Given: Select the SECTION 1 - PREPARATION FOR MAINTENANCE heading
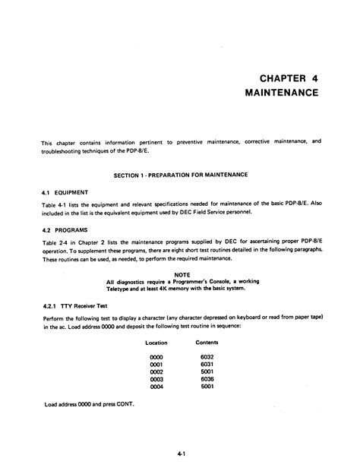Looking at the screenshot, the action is tap(181, 175).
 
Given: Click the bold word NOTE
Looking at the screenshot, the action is tap(181, 273).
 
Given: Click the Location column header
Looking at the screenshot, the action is tap(156, 343).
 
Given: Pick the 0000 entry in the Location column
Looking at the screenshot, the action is tap(156, 357).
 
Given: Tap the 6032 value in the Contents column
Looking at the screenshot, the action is tap(207, 357).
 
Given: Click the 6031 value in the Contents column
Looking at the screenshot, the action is tap(207, 365).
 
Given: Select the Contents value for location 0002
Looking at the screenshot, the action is tap(207, 372).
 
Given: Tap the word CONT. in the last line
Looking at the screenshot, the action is tap(123, 403).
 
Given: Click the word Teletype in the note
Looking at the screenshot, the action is tap(122, 288).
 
